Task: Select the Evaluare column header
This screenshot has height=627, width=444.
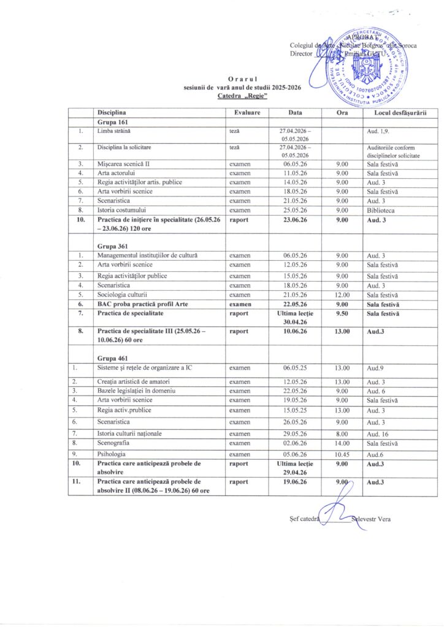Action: [247, 113]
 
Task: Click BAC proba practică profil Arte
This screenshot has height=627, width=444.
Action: [146, 304]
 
